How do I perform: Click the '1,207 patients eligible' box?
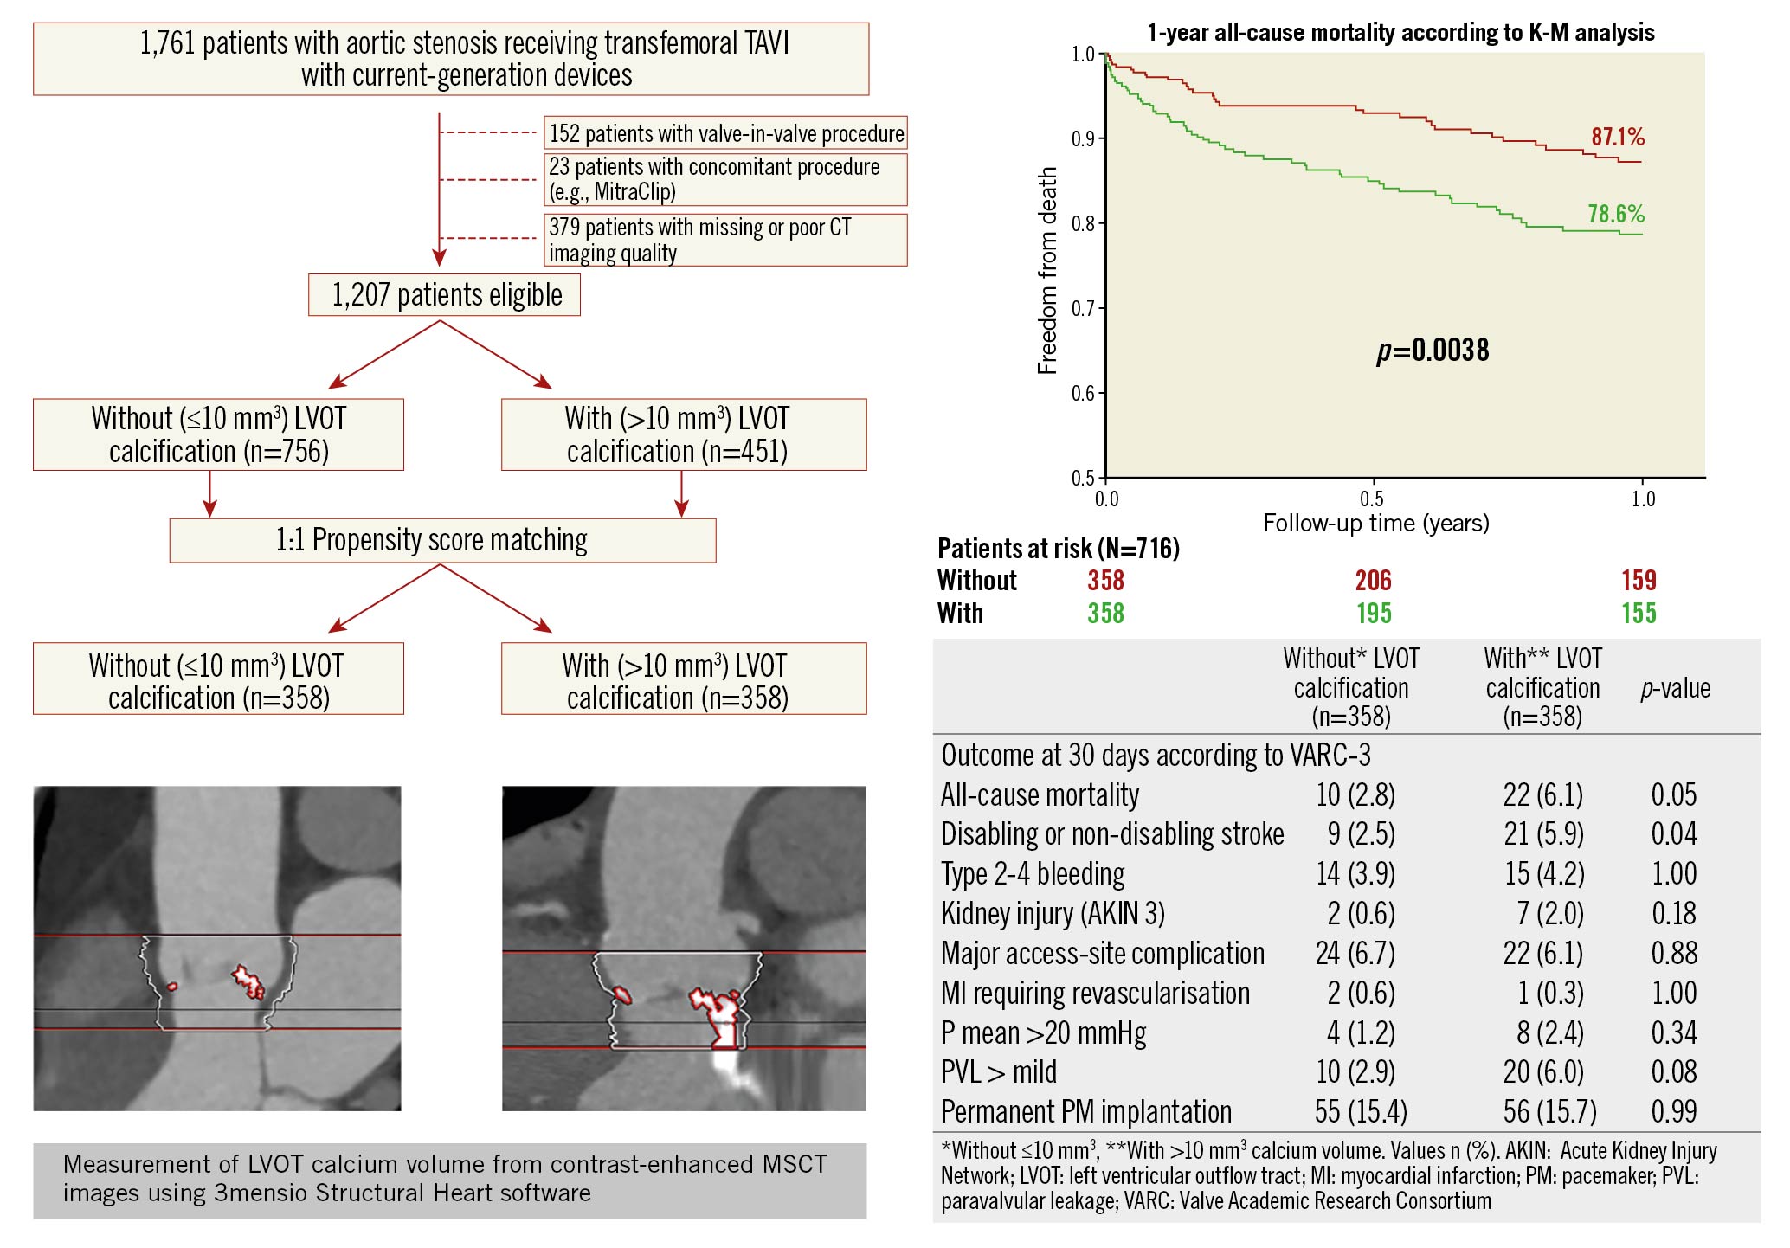click(444, 295)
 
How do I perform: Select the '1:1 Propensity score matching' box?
click(442, 540)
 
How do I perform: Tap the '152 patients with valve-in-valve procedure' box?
click(725, 133)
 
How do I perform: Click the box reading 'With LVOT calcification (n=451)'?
click(684, 434)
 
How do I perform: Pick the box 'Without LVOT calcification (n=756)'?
click(218, 434)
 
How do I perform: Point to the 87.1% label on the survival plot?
click(1617, 137)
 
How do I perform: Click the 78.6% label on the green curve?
click(1615, 214)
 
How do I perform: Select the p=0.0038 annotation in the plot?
click(1433, 351)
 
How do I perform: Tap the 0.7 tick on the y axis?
click(1083, 309)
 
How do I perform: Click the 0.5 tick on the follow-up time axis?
click(1372, 499)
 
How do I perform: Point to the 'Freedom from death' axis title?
click(1047, 271)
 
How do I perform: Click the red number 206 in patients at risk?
click(1373, 581)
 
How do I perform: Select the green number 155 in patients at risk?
click(1639, 614)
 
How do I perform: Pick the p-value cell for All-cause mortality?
click(1673, 794)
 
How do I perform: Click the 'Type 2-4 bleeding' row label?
click(1033, 874)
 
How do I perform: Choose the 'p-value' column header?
click(1675, 689)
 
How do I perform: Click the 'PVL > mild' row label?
click(999, 1072)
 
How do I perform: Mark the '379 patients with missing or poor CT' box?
click(725, 240)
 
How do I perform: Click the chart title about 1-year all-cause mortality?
click(1400, 33)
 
